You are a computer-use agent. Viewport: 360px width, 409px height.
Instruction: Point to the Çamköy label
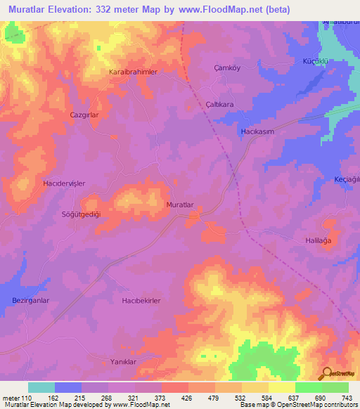tap(226, 68)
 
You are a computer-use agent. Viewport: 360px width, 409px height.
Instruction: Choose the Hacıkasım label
tap(257, 131)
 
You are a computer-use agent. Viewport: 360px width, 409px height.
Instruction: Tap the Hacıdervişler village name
tap(65, 183)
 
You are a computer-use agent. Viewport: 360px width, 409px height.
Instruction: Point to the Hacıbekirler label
tap(142, 301)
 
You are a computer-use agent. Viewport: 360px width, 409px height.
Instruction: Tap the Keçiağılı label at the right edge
tap(347, 179)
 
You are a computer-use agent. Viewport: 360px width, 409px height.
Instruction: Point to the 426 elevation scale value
tap(186, 398)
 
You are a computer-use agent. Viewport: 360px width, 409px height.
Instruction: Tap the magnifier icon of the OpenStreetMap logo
tap(325, 373)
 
